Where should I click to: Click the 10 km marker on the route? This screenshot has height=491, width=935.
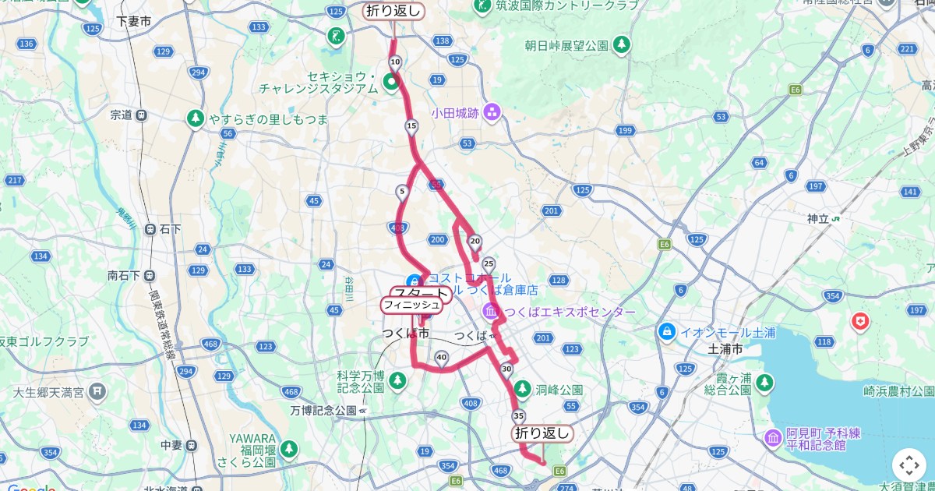point(395,62)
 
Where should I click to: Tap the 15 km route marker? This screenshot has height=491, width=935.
point(411,126)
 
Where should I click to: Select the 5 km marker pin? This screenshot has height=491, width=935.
point(401,191)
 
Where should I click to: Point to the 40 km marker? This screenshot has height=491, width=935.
point(442,359)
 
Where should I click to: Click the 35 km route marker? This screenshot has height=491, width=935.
point(519,415)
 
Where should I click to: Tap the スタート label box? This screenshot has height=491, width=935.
point(422,294)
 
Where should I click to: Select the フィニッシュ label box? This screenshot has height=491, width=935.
point(411,305)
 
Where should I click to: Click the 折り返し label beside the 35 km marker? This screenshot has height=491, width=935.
point(543,433)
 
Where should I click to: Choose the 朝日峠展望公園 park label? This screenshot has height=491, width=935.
point(566,46)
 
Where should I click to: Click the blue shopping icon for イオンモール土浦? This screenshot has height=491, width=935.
point(666,332)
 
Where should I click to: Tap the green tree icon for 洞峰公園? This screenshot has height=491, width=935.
point(523,388)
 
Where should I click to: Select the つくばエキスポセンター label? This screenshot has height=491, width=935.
point(569,313)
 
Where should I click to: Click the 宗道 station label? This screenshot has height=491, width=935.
point(121,115)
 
